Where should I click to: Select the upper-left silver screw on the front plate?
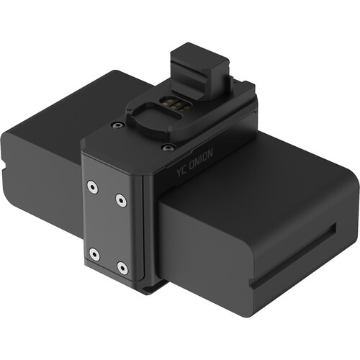pyautogui.click(x=92, y=186)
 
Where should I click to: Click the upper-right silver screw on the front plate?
pyautogui.click(x=120, y=199)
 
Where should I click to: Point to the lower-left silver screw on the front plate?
pyautogui.click(x=93, y=253)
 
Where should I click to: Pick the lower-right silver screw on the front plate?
pyautogui.click(x=122, y=268)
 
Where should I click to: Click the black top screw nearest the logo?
pyautogui.click(x=168, y=148)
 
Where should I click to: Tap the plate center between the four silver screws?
pyautogui.click(x=107, y=227)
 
